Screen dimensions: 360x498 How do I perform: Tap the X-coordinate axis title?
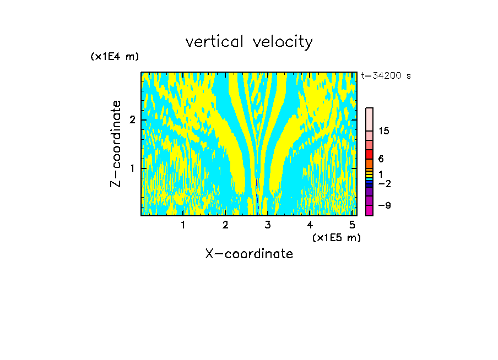(249, 254)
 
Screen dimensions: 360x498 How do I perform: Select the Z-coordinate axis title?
(116, 144)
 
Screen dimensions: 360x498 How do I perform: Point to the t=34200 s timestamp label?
(386, 76)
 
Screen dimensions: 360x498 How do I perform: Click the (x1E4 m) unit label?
(115, 57)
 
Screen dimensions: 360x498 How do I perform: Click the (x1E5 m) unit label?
(336, 237)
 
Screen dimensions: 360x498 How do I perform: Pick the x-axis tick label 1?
(183, 225)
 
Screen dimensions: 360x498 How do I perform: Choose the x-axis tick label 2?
(225, 225)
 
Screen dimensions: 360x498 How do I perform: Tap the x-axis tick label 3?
(268, 225)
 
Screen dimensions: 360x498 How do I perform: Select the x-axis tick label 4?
(310, 225)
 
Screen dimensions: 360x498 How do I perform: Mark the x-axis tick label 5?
(353, 225)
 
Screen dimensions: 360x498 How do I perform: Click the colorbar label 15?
(384, 131)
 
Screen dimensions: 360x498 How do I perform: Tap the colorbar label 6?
(381, 159)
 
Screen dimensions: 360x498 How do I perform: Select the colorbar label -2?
(384, 183)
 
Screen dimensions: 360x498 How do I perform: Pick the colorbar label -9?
(384, 205)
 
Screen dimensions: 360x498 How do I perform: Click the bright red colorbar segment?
(369, 154)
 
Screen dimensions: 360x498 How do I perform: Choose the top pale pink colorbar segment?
(369, 119)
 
